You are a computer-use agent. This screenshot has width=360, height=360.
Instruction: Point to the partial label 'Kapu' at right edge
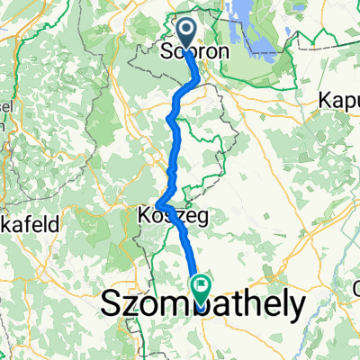point(339,102)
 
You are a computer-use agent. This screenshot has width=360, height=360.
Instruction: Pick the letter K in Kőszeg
point(144,216)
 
